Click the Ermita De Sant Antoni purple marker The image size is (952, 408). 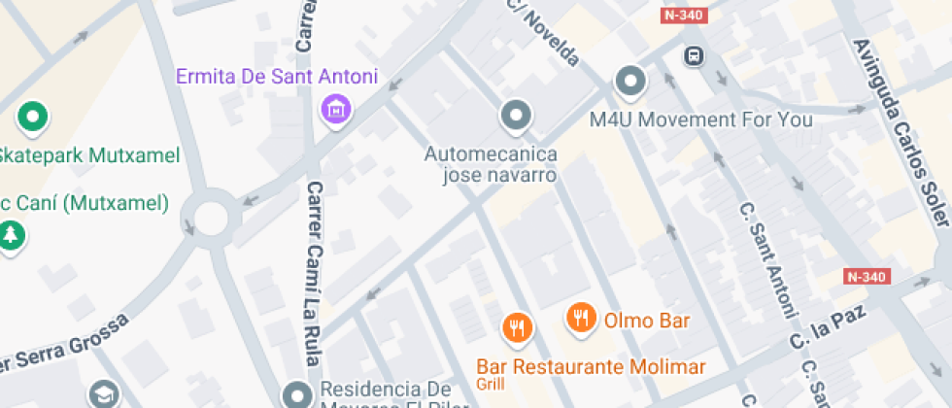click(336, 110)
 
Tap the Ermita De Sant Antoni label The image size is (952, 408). click(277, 77)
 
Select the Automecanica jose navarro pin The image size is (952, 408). click(516, 116)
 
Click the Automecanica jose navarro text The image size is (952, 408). click(491, 164)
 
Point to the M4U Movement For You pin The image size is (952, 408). click(630, 82)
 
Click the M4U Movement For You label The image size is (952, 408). click(701, 119)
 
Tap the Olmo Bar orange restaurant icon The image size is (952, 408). click(581, 318)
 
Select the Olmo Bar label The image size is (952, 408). click(647, 320)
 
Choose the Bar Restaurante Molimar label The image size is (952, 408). click(591, 367)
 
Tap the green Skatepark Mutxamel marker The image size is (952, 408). click(33, 119)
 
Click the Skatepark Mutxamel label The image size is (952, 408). click(89, 155)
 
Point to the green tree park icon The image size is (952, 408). click(11, 235)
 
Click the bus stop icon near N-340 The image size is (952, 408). click(694, 55)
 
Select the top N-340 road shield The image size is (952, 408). click(684, 16)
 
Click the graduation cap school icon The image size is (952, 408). click(103, 394)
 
